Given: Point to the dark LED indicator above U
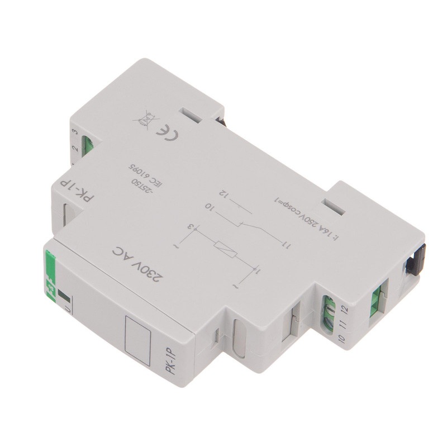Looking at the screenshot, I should [63, 297].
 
